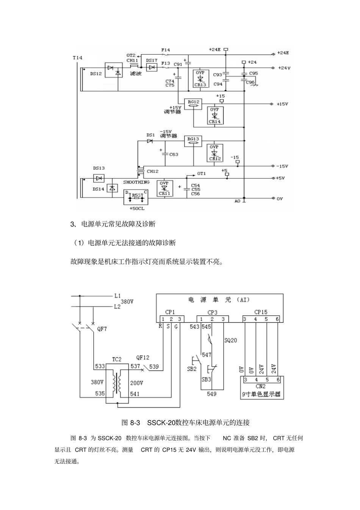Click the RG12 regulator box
[193, 104]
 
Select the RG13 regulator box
[193, 141]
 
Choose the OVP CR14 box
[215, 115]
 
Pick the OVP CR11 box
[164, 188]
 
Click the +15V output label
[282, 104]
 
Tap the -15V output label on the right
[282, 166]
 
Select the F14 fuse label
[166, 50]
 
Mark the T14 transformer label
[77, 58]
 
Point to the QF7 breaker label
[102, 329]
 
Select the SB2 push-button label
[192, 369]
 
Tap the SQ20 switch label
[230, 341]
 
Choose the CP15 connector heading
[261, 312]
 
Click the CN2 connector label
[261, 386]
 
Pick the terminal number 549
[211, 394]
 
